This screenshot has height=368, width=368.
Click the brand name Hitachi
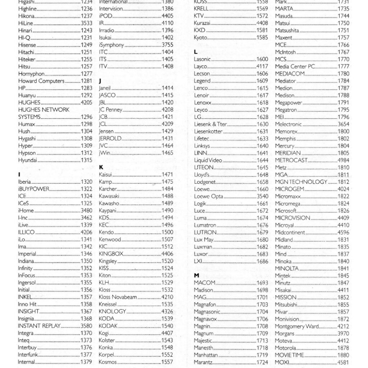pyautogui.click(x=26, y=52)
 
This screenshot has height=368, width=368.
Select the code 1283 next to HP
pyautogui.click(x=86, y=88)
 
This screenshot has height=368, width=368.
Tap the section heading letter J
pyautogui.click(x=100, y=81)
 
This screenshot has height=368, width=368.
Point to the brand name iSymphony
pyautogui.click(x=111, y=45)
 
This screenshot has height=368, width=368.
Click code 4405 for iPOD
pyautogui.click(x=167, y=16)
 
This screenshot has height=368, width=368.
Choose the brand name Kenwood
pyautogui.click(x=110, y=239)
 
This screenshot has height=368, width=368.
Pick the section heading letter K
pyautogui.click(x=101, y=167)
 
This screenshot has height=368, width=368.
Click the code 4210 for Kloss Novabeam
pyautogui.click(x=167, y=297)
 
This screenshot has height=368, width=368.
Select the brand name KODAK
pyautogui.click(x=108, y=326)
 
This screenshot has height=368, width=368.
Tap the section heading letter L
pyautogui.click(x=195, y=52)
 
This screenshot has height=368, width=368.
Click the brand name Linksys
pyautogui.click(x=202, y=146)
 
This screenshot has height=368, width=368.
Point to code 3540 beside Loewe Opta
pyautogui.click(x=262, y=196)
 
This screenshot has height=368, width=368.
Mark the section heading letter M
pyautogui.click(x=196, y=275)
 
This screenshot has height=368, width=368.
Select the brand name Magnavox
pyautogui.click(x=206, y=319)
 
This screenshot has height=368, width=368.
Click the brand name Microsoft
pyautogui.click(x=286, y=211)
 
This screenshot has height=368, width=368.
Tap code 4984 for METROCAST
pyautogui.click(x=343, y=160)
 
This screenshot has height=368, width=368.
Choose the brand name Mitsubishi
pyautogui.click(x=286, y=304)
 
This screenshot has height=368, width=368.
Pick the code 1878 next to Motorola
pyautogui.click(x=343, y=348)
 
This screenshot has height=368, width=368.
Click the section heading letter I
pyautogui.click(x=19, y=175)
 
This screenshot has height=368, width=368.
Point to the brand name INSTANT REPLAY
pyautogui.click(x=39, y=326)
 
